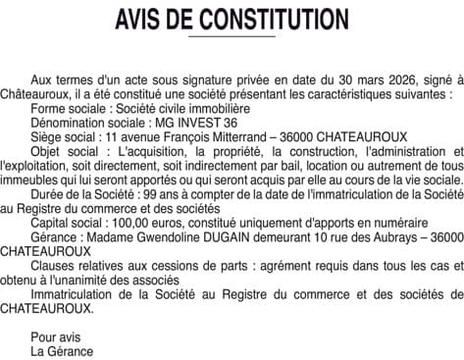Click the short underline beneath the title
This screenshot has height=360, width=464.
click(231, 36)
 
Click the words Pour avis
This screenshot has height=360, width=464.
click(55, 337)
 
